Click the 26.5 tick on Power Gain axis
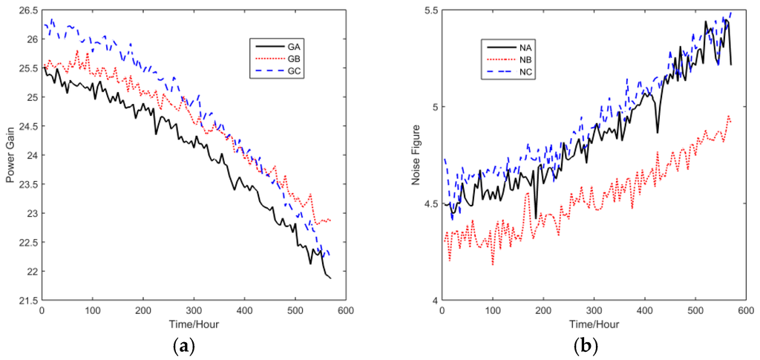[x=27, y=10]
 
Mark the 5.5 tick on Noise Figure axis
[x=431, y=10]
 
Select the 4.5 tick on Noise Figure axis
[x=431, y=204]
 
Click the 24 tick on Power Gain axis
[x=31, y=156]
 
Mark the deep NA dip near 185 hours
[x=536, y=217]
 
